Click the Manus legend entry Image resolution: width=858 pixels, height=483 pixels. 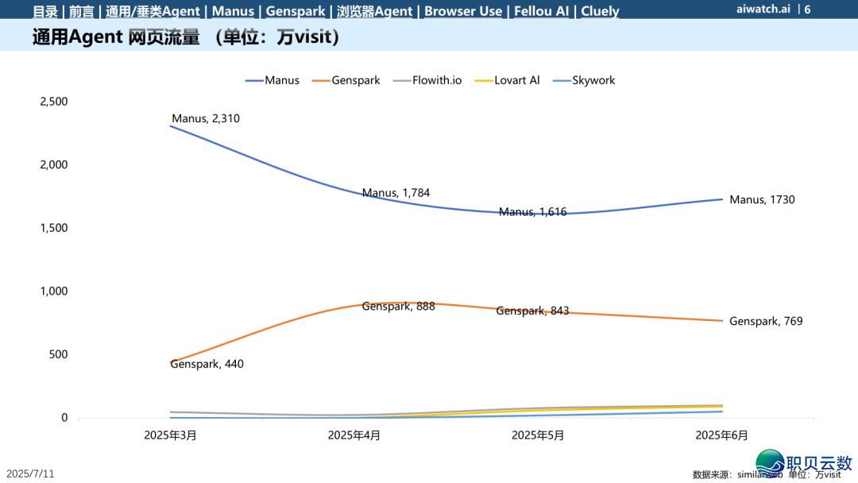point(272,80)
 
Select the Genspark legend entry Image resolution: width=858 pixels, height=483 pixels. point(346,80)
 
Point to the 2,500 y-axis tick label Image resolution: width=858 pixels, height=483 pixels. point(54,102)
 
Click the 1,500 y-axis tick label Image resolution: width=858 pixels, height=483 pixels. point(54,228)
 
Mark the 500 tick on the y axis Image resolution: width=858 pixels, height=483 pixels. point(59,354)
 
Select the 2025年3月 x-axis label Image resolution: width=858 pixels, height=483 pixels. point(170,435)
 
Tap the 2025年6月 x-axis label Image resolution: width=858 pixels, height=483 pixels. point(721,435)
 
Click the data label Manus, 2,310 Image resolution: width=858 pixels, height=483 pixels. point(206,119)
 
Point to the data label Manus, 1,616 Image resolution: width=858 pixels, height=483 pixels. point(532,212)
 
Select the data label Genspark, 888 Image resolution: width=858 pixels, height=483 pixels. point(398,306)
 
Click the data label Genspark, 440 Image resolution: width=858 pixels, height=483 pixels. point(207,365)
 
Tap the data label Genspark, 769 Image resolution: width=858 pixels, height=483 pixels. point(766,322)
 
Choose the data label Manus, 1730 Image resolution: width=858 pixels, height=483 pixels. point(762,200)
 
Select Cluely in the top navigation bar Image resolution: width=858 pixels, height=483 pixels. point(600,11)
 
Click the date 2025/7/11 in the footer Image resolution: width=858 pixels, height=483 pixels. point(31,473)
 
